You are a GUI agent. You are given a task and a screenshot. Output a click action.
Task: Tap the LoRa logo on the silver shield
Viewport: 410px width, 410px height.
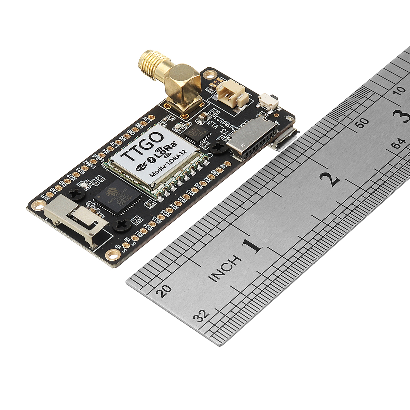click(167, 150)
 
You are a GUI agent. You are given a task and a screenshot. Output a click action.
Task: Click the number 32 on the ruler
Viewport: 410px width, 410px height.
click(201, 316)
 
